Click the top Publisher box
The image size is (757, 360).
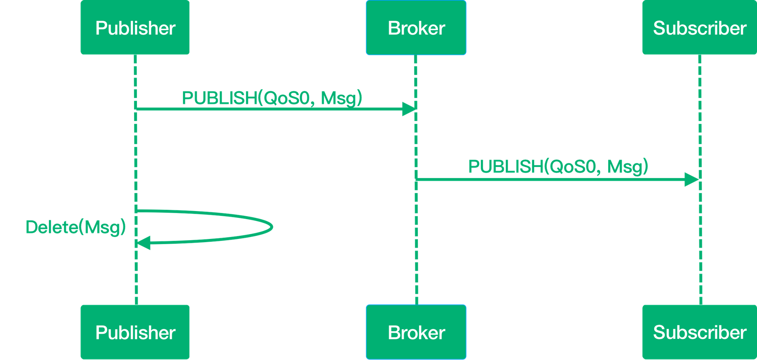coord(135,27)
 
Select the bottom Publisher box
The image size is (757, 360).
coord(135,332)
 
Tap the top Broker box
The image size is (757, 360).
coord(416,27)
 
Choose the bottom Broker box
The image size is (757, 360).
coord(416,332)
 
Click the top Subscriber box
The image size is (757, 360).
coord(699,27)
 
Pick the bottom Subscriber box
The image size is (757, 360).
coord(699,332)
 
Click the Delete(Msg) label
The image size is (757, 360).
coord(76,227)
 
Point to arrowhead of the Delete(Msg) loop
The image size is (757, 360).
coord(143,243)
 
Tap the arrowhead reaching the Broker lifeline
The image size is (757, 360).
coord(408,109)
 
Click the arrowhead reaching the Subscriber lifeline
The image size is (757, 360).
coord(691,180)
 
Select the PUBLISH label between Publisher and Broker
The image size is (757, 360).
coord(272,98)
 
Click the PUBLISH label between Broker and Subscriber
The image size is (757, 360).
coord(558,166)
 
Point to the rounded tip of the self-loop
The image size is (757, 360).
coord(272,227)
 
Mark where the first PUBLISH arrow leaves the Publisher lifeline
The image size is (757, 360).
coord(136,109)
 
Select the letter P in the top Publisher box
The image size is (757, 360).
coord(100,28)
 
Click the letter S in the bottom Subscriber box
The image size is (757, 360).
coord(659,332)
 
